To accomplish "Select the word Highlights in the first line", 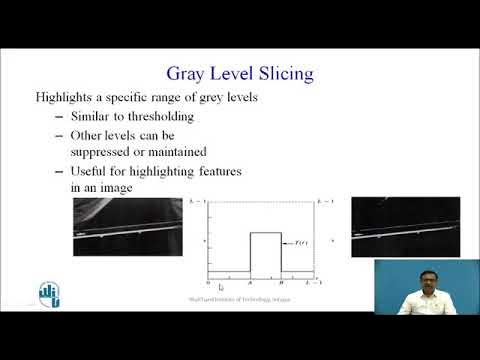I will (x=67, y=97).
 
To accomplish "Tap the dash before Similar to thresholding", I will (x=58, y=116).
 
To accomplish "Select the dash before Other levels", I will (x=58, y=135).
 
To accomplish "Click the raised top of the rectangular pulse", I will (x=265, y=233).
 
